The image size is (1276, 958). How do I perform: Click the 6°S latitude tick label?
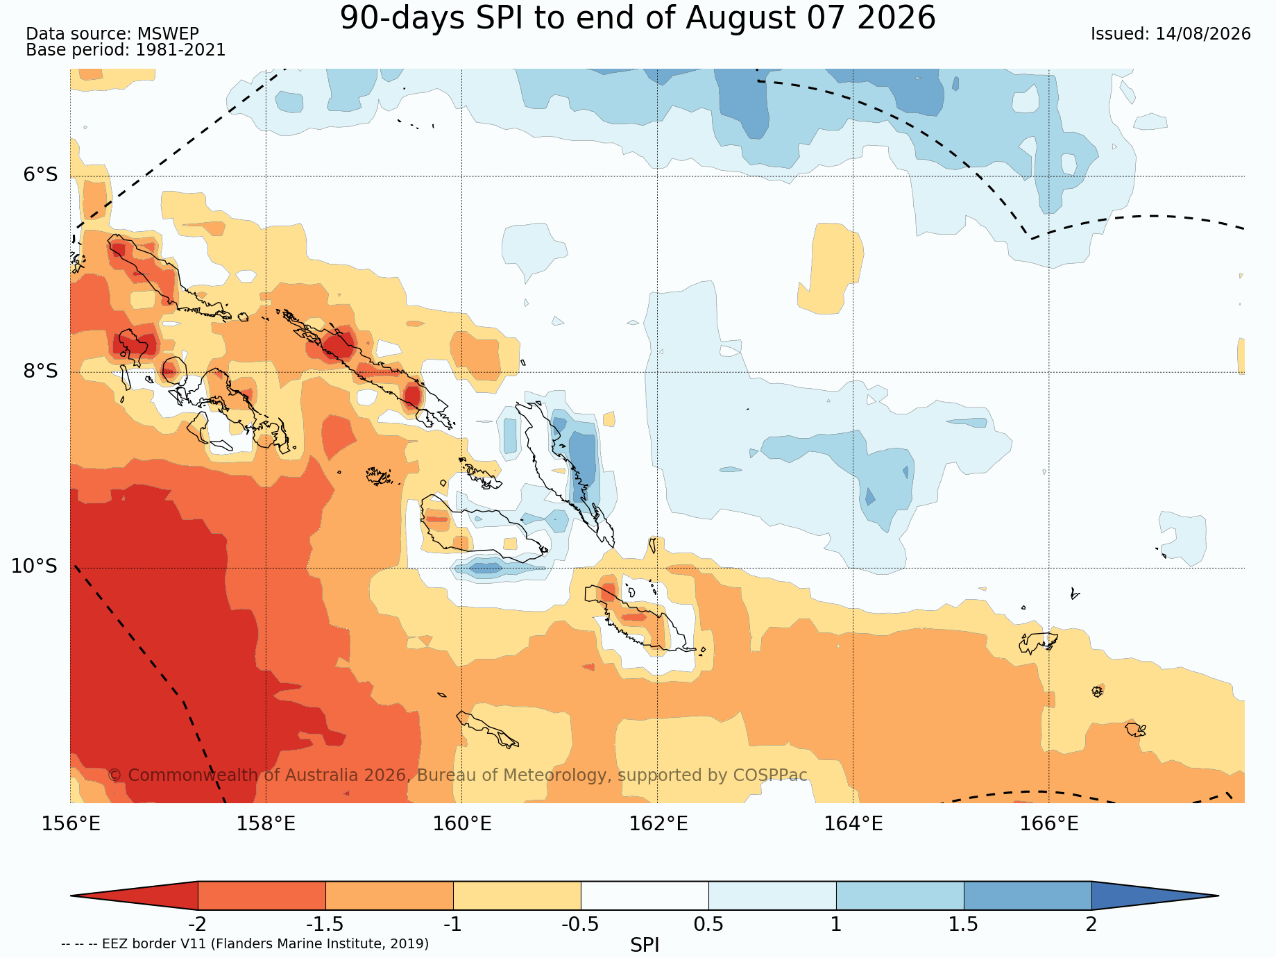click(x=41, y=174)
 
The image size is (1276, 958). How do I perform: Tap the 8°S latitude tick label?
click(x=41, y=371)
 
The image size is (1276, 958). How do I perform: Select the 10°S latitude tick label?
click(x=34, y=566)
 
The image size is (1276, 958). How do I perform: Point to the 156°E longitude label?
click(x=71, y=824)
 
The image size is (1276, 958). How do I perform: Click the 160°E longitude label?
click(x=462, y=824)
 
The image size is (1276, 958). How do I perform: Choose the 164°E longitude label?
click(x=853, y=824)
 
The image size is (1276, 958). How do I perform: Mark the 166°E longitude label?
click(x=1049, y=824)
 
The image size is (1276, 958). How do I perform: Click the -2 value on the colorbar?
click(x=198, y=925)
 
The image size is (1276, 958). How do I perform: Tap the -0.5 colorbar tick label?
click(x=580, y=925)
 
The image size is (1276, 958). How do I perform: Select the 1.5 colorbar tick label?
click(x=964, y=925)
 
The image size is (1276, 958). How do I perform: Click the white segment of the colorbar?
click(x=645, y=896)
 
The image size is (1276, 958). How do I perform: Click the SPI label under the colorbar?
click(x=645, y=945)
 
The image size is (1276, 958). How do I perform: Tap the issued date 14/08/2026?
click(x=1203, y=34)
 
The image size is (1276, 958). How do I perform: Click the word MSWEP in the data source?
click(x=168, y=34)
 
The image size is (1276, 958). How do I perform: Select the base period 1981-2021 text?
click(x=180, y=50)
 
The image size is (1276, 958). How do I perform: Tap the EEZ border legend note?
click(x=245, y=944)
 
